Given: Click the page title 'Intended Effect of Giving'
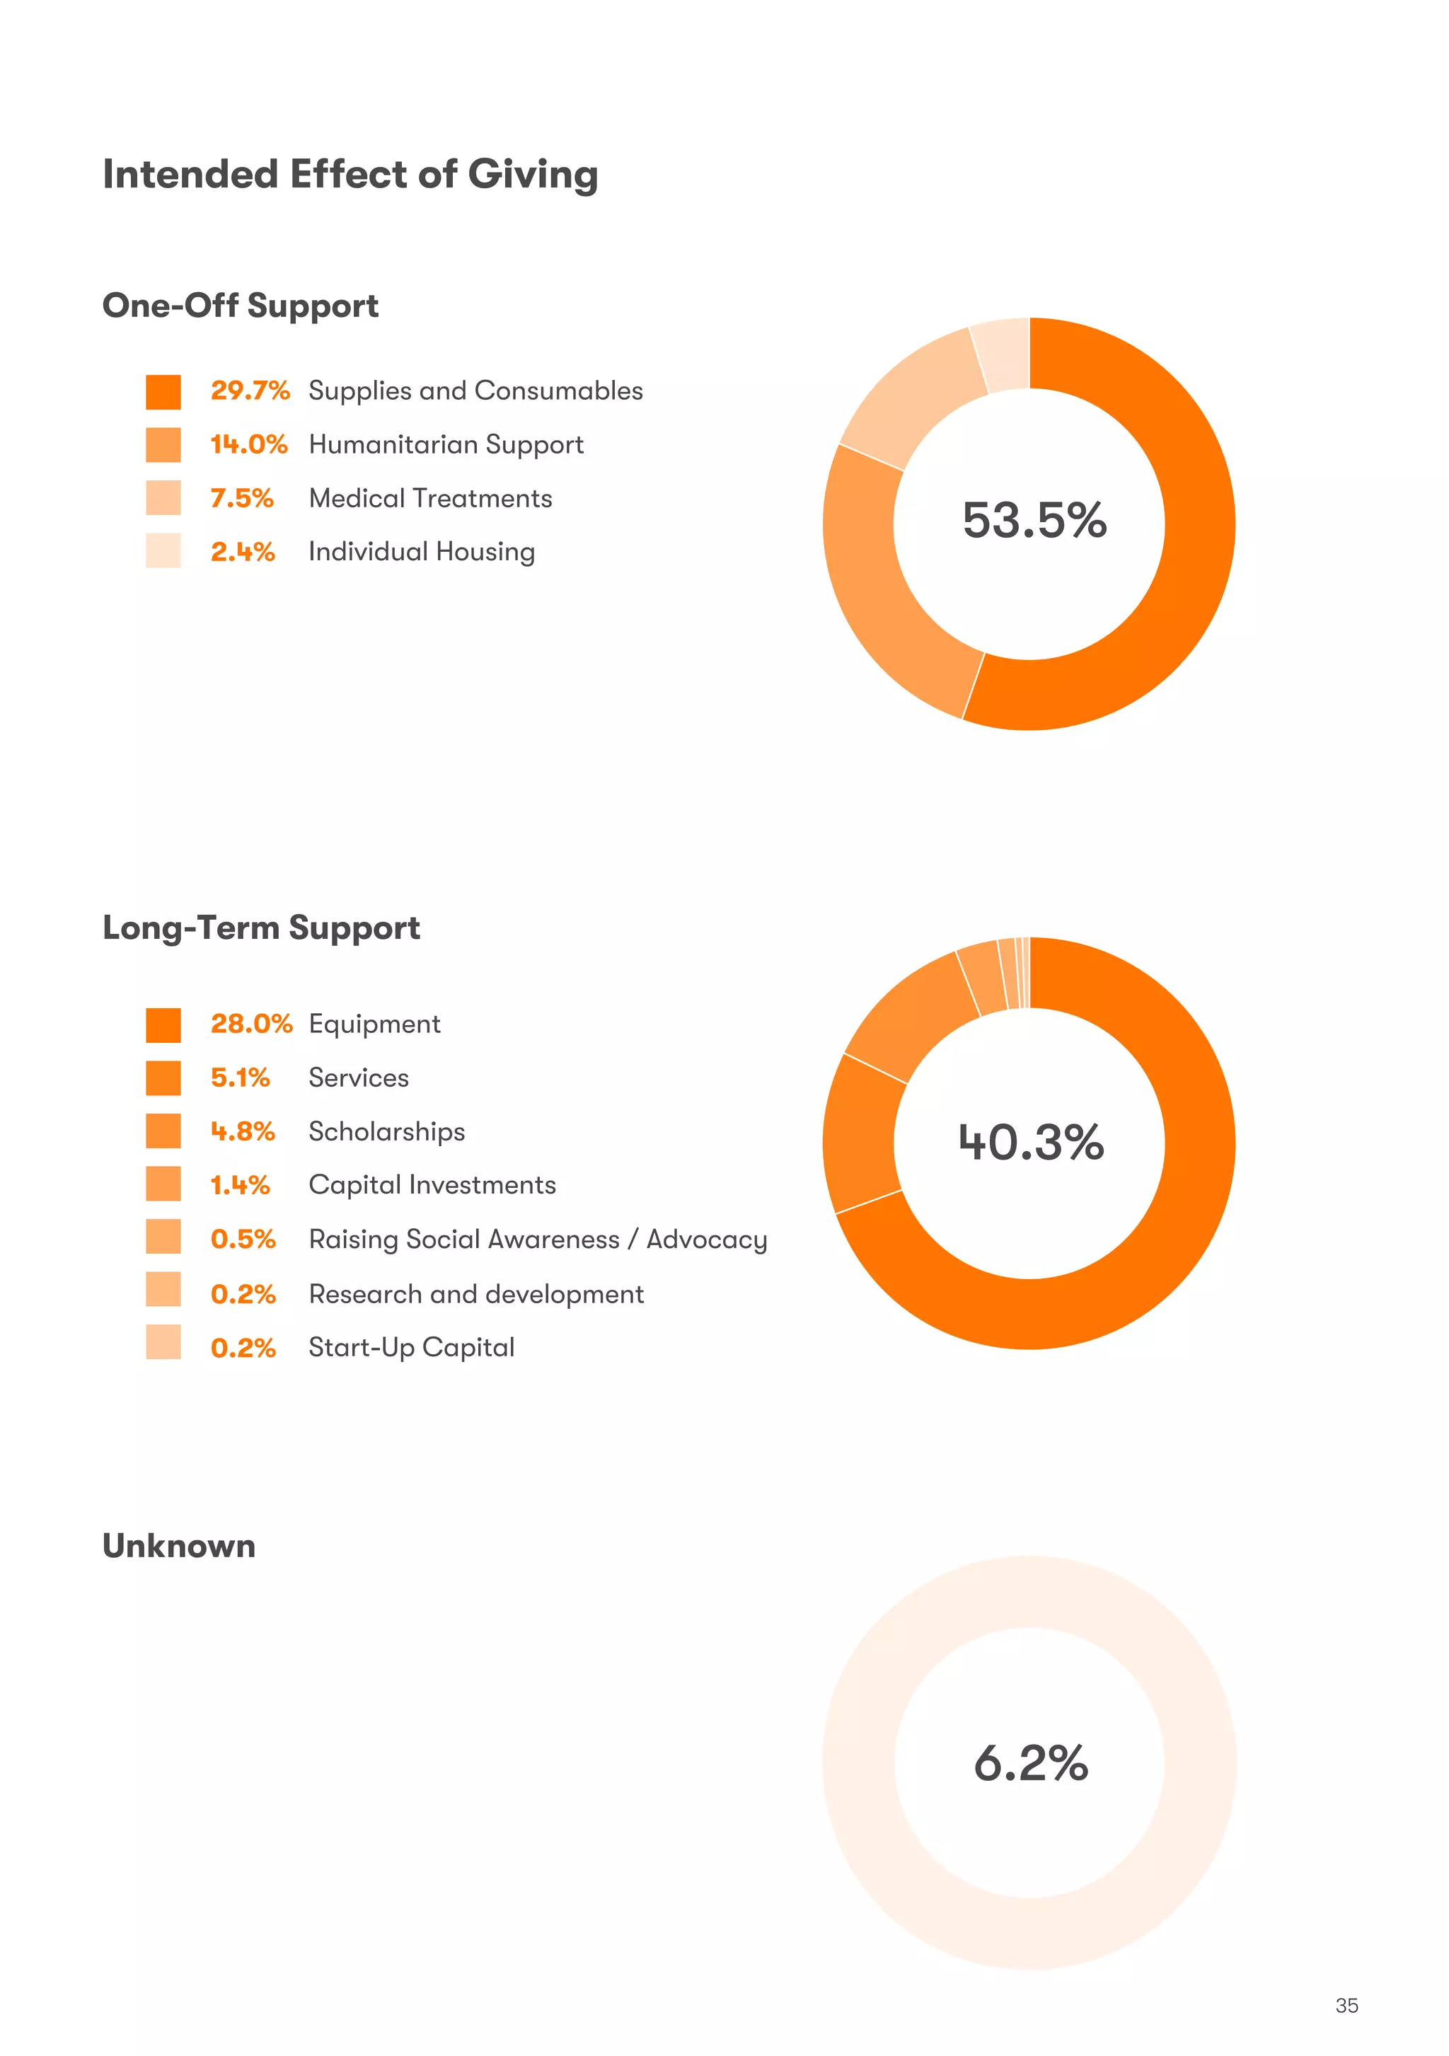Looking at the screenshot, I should [350, 174].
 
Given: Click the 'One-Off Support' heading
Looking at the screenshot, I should [240, 306].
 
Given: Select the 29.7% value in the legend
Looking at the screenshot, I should [250, 391].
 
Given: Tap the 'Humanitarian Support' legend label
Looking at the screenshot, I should [445, 444].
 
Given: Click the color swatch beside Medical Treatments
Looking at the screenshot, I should [163, 498].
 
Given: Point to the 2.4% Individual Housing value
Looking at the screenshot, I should [242, 552].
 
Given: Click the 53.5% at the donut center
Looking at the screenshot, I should [1034, 520].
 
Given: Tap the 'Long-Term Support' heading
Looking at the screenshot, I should [260, 928].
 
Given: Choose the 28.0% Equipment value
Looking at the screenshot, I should [250, 1024].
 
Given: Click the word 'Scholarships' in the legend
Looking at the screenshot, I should [386, 1131].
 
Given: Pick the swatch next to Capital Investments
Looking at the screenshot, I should [163, 1184].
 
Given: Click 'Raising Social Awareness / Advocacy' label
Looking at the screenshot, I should [537, 1240].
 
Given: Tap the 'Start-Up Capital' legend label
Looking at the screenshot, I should [411, 1347].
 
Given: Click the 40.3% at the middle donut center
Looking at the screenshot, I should [1031, 1143].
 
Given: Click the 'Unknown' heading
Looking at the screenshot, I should [178, 1547].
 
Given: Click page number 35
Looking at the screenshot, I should [1345, 2006].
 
